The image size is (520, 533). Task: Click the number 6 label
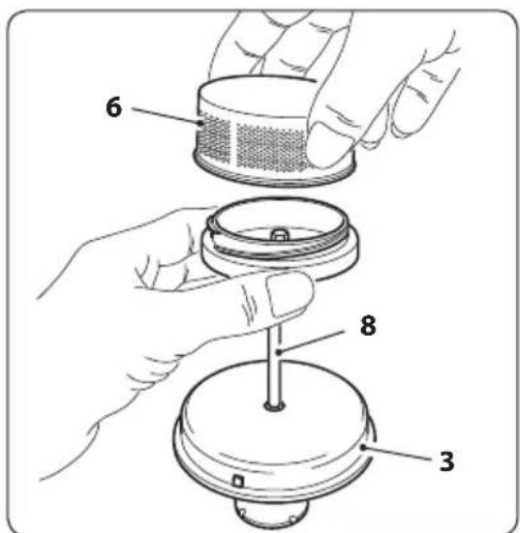(x=113, y=107)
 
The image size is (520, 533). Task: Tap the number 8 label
(x=368, y=325)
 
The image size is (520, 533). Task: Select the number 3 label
(x=446, y=461)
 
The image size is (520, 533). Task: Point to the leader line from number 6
(x=167, y=115)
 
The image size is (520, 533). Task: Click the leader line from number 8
(x=311, y=341)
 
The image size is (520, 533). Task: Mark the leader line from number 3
(x=398, y=454)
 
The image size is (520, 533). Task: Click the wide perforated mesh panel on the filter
(x=271, y=148)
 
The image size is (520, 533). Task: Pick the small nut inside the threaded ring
(x=279, y=234)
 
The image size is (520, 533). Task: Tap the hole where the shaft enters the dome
(x=274, y=405)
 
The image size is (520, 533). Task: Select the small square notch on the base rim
(x=238, y=481)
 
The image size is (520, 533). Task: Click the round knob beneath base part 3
(x=271, y=514)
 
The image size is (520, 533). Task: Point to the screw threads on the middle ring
(x=279, y=246)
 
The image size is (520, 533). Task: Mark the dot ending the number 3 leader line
(x=363, y=447)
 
